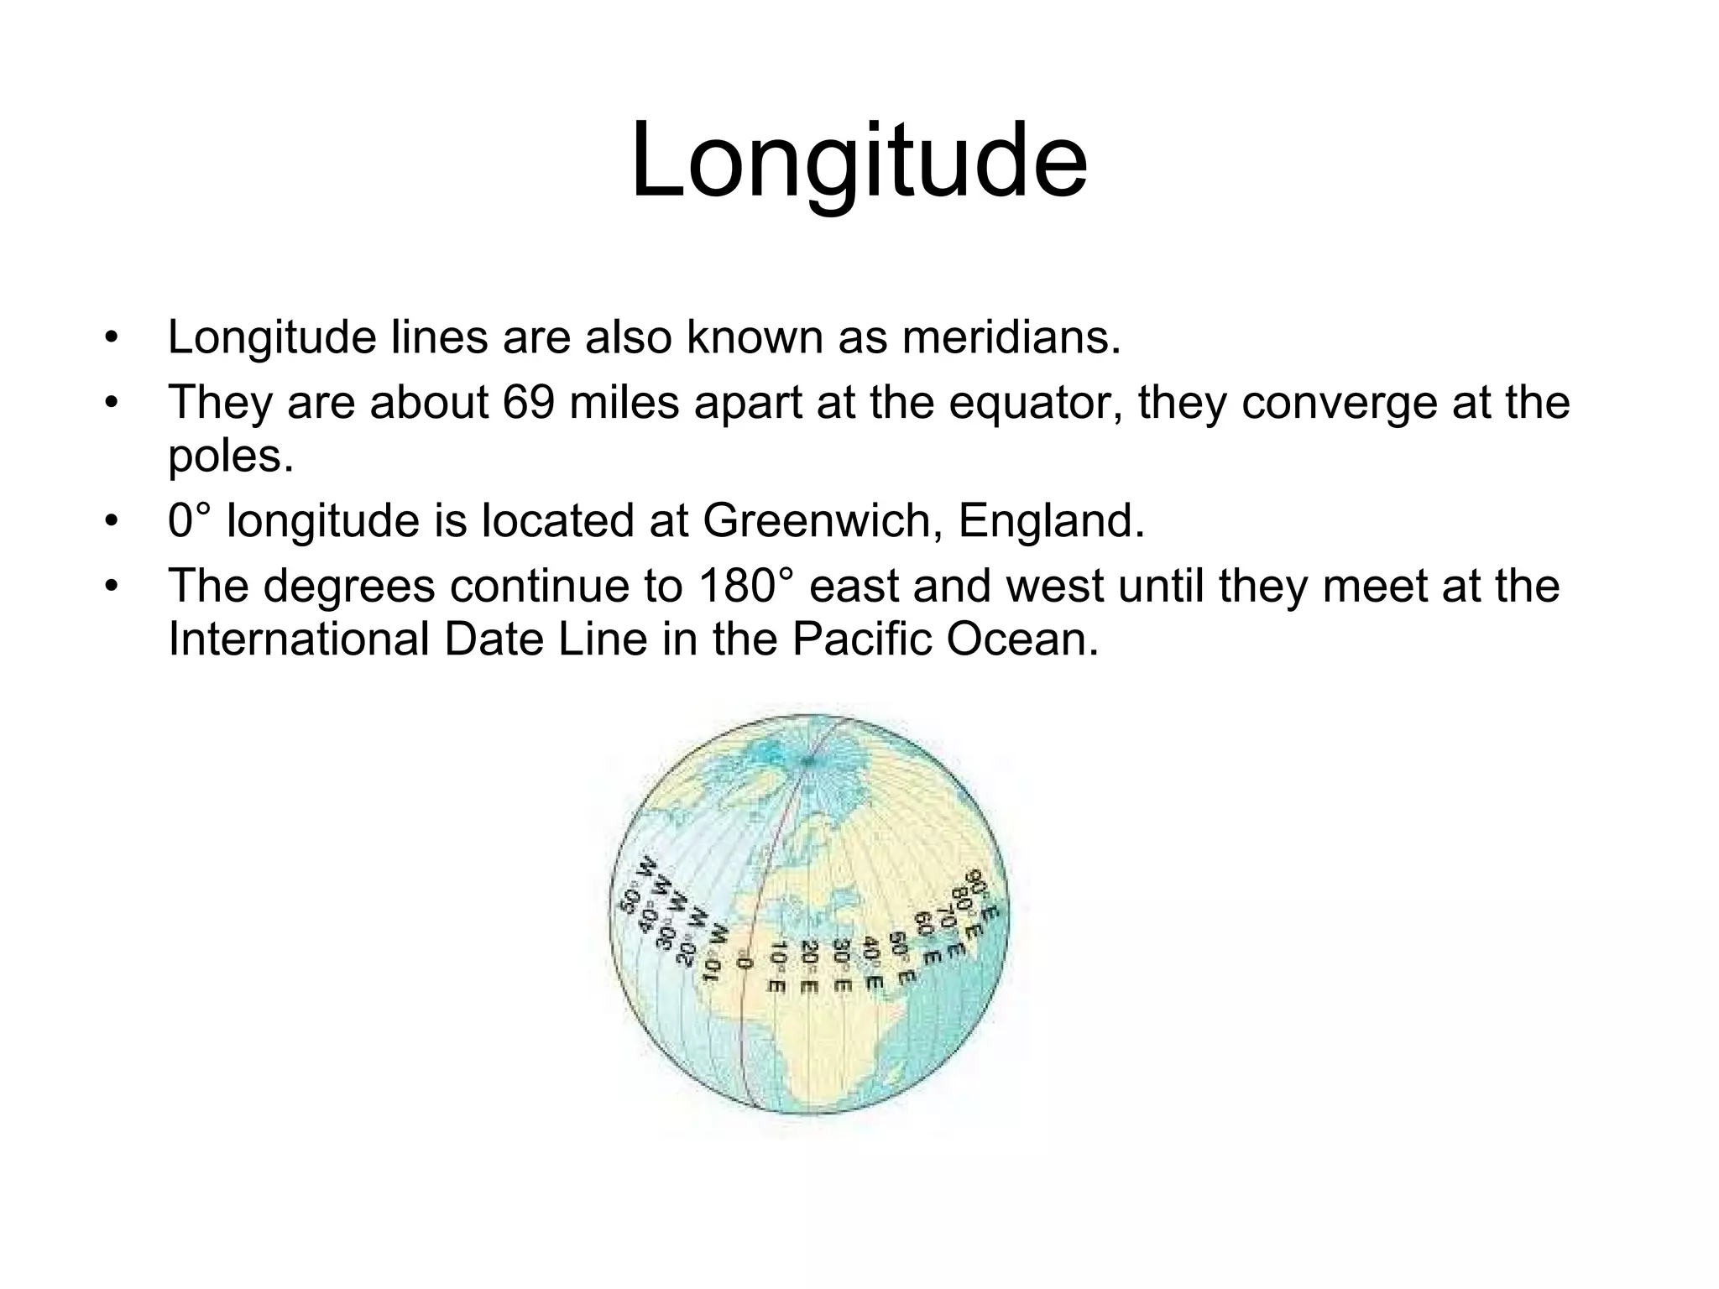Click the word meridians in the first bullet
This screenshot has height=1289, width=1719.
[1010, 337]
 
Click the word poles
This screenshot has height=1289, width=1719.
[231, 457]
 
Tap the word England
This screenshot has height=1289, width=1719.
[1051, 521]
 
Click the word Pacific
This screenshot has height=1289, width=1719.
[861, 639]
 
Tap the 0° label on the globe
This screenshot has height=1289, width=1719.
[742, 963]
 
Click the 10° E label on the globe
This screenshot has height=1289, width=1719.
[776, 966]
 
